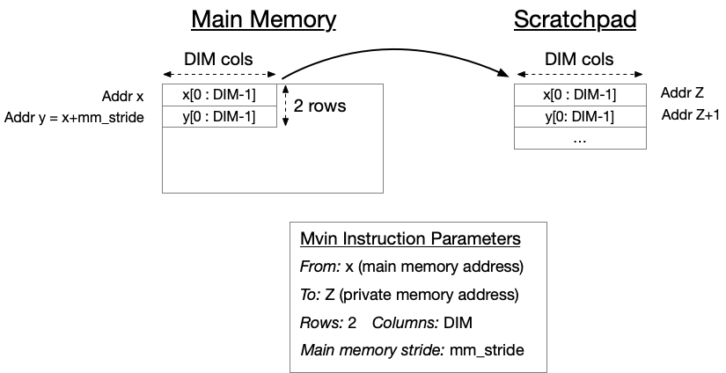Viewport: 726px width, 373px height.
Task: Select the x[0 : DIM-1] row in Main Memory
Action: click(x=219, y=94)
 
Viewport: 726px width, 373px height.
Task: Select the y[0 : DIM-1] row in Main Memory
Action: click(x=219, y=116)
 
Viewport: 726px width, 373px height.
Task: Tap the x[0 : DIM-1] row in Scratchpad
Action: click(x=579, y=95)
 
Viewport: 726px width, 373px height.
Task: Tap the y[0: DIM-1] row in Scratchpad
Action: click(x=579, y=117)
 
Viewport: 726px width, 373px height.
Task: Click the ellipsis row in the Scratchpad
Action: click(x=579, y=138)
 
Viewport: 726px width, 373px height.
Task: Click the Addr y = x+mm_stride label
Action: click(x=74, y=117)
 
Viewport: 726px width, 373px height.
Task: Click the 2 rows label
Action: click(x=319, y=106)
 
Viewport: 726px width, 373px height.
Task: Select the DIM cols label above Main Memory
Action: click(x=218, y=60)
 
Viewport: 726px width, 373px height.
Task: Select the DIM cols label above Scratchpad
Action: click(x=580, y=60)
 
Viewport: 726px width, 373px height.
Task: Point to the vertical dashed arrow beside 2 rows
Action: click(x=284, y=106)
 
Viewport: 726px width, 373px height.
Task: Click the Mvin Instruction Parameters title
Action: click(x=410, y=238)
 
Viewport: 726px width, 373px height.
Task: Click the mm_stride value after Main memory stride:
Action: click(x=487, y=350)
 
